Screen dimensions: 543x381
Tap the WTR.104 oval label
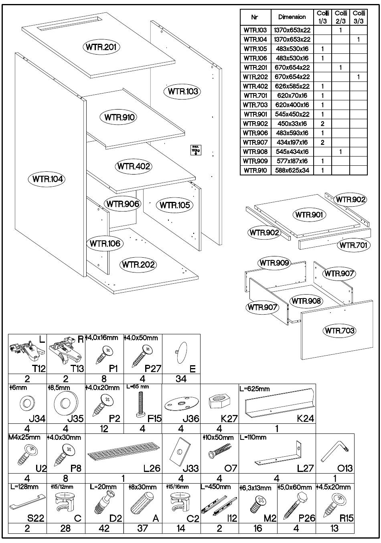48,179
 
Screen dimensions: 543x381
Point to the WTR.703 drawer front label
339,331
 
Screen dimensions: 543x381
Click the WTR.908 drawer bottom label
307,301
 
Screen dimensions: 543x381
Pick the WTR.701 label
353,245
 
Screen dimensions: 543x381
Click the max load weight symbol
196,150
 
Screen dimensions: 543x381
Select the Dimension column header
292,17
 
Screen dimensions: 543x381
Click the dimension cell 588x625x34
292,170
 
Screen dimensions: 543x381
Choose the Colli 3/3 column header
359,17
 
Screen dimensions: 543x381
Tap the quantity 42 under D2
104,528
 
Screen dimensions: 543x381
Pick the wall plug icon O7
219,451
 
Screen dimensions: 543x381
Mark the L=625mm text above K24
254,388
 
